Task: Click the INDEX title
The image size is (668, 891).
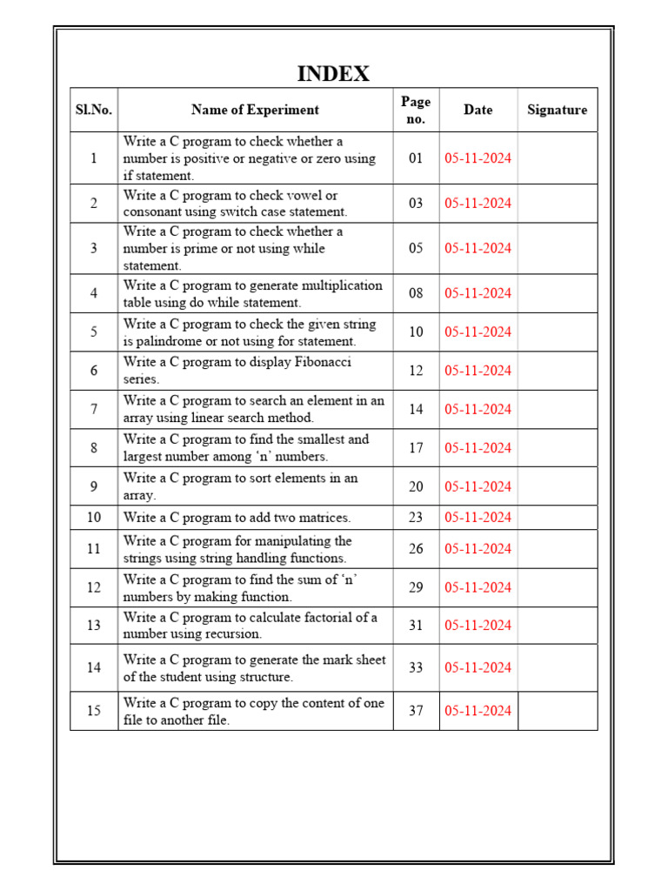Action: point(333,74)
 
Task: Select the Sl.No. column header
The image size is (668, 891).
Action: point(94,110)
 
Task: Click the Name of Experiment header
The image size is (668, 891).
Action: point(255,110)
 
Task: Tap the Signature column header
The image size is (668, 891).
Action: point(557,110)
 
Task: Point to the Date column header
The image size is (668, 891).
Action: point(478,110)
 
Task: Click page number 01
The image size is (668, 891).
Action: point(416,158)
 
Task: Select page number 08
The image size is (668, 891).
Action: point(416,293)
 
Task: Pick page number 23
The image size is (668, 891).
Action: point(416,517)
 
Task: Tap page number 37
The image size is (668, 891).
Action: point(416,711)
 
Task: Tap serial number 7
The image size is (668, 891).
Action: point(94,409)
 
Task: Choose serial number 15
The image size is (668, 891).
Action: point(94,711)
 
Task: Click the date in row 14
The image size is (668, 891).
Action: point(478,667)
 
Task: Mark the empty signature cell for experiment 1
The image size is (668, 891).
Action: point(557,158)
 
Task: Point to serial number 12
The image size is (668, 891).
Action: point(94,587)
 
